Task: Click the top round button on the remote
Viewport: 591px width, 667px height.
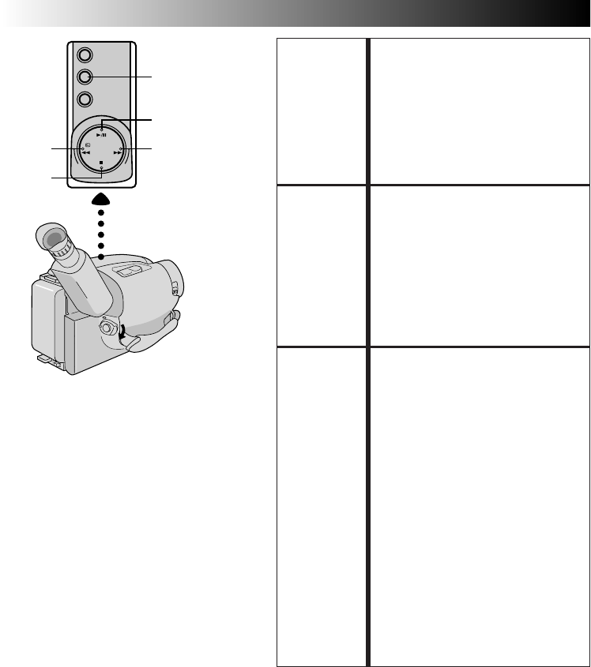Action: (85, 56)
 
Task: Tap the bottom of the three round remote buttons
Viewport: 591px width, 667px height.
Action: (85, 100)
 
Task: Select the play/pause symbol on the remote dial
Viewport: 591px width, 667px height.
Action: (101, 135)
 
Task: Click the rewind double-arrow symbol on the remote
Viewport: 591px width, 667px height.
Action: (85, 152)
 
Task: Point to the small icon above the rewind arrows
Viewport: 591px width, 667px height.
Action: (85, 145)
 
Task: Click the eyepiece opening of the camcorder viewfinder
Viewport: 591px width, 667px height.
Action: (51, 238)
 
